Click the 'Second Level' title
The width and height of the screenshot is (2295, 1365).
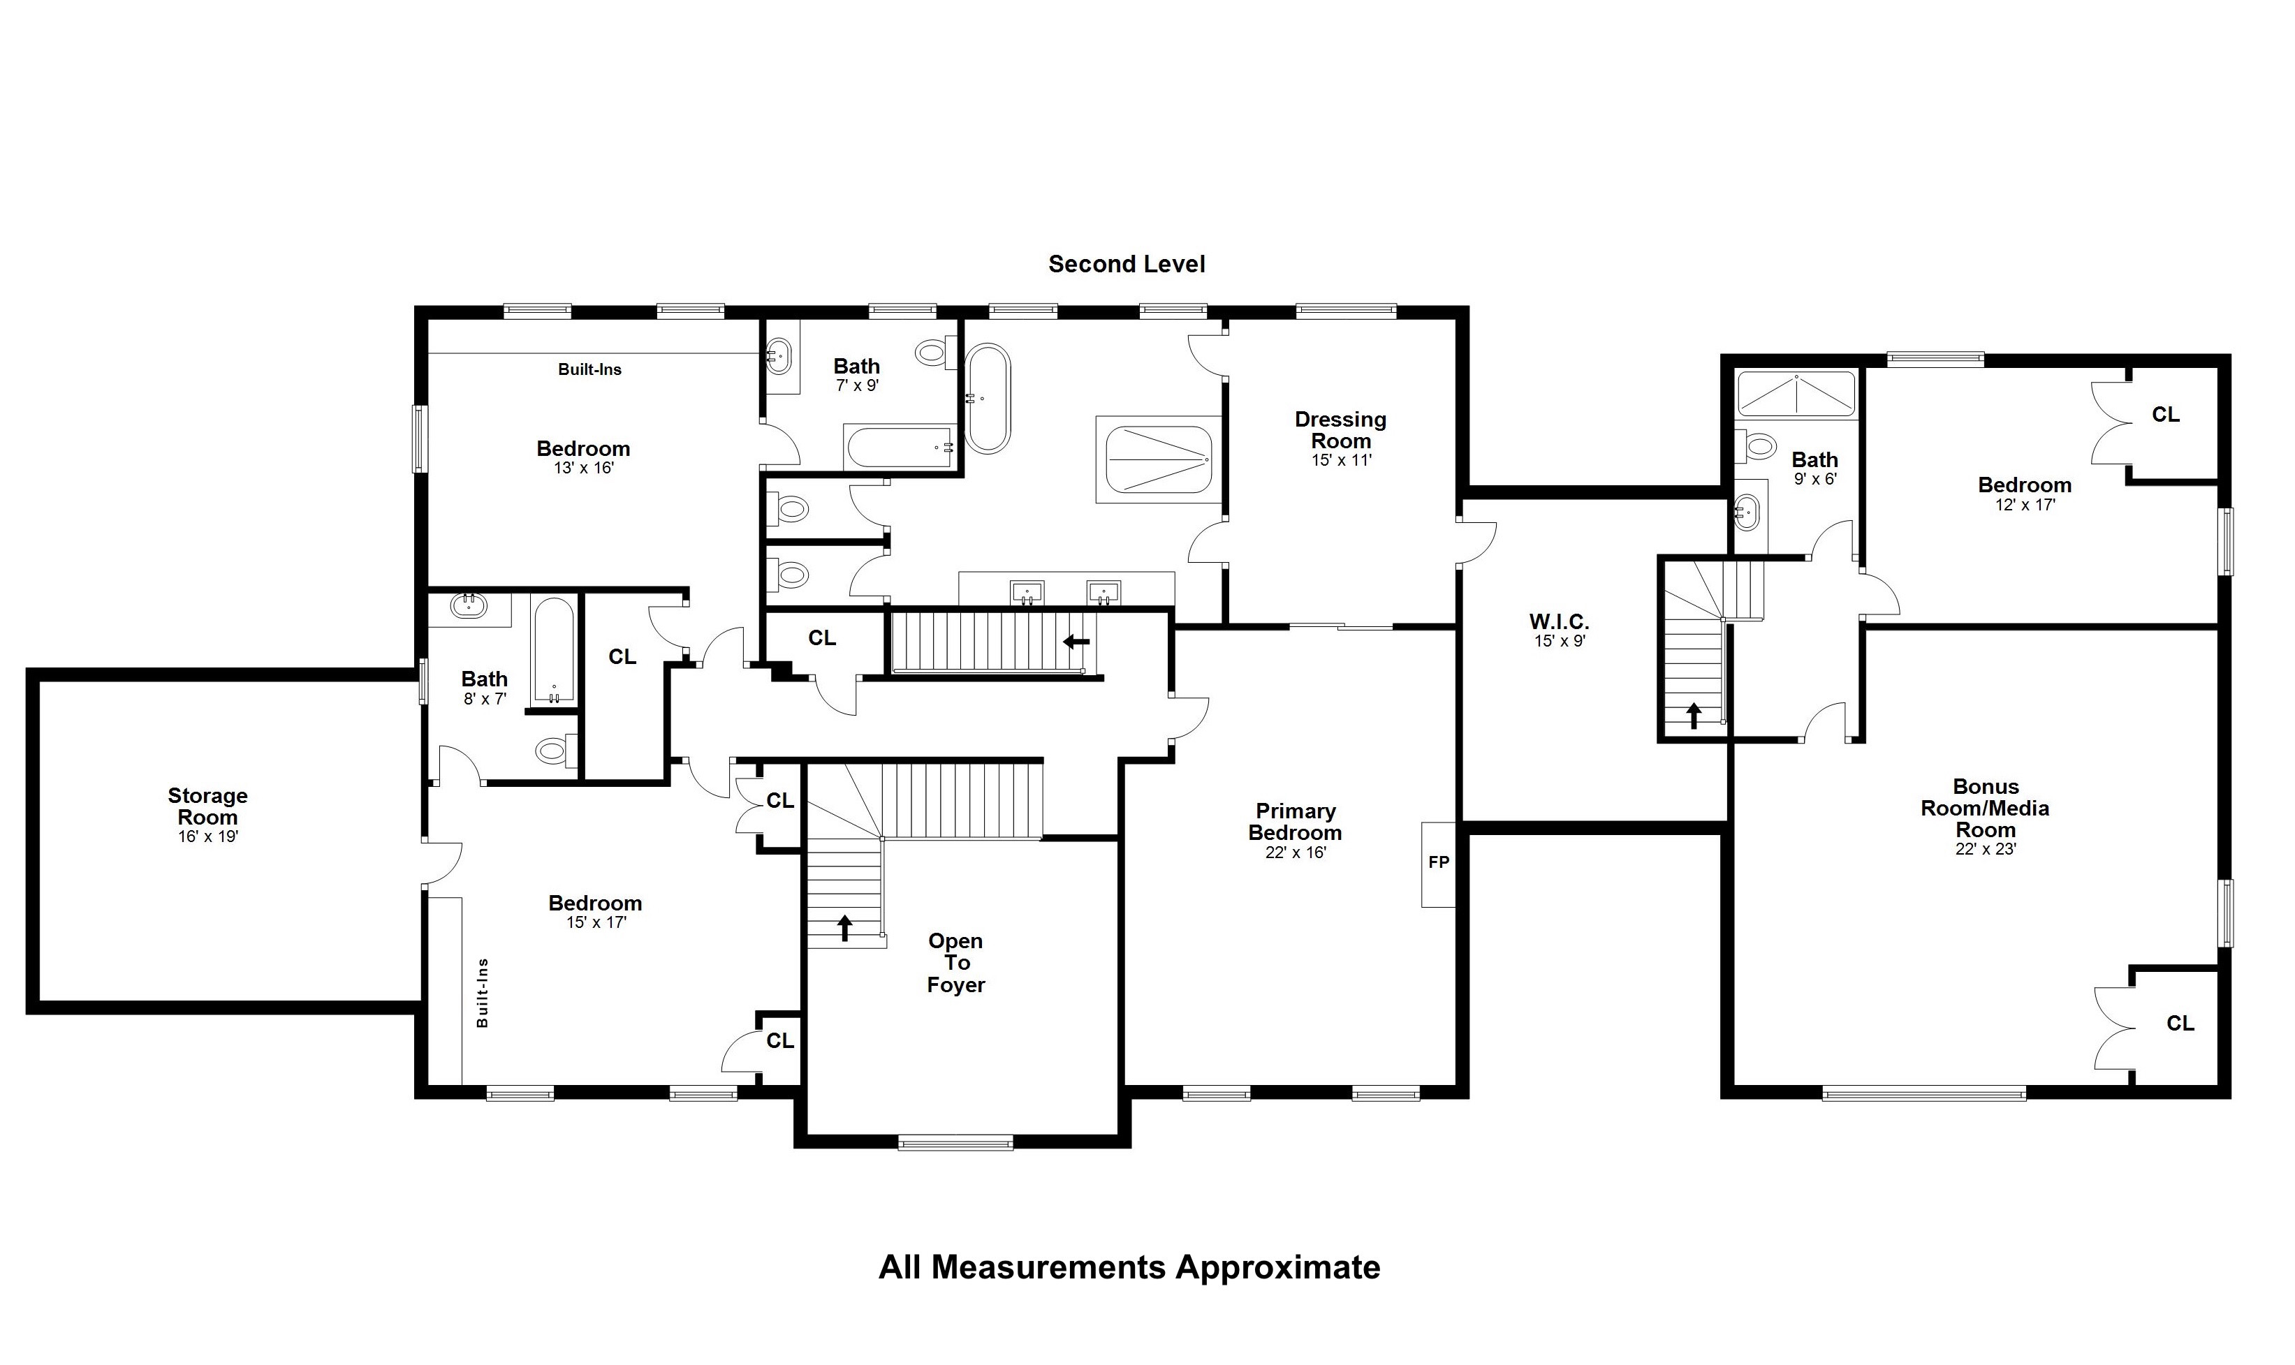click(x=1126, y=264)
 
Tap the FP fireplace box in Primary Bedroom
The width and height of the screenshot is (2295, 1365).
click(x=1439, y=864)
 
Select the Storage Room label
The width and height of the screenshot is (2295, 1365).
click(x=208, y=806)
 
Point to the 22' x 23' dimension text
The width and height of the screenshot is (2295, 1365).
click(x=1985, y=849)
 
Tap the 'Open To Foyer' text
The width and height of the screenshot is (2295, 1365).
click(x=955, y=962)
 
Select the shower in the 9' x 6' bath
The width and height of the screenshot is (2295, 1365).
click(x=1796, y=394)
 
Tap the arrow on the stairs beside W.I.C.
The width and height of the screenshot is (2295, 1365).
click(x=1694, y=716)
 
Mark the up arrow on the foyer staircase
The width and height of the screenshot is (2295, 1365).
click(x=844, y=927)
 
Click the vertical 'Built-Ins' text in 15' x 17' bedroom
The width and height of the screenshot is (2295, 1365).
click(x=482, y=992)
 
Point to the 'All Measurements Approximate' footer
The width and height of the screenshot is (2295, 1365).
click(x=1129, y=1267)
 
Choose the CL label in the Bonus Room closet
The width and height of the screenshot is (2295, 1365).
click(x=2180, y=1023)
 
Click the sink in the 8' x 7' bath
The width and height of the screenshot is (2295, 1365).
click(x=470, y=605)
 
